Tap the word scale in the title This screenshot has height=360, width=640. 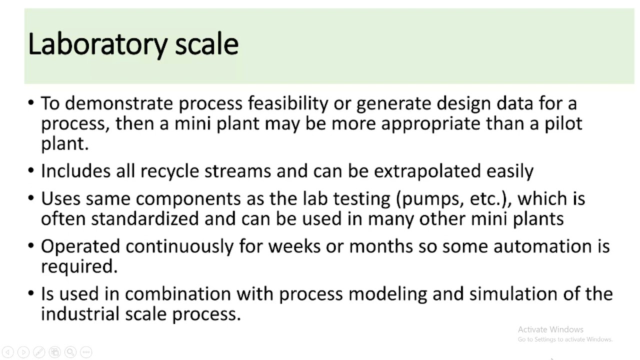(206, 44)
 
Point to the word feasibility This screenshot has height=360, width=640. (287, 103)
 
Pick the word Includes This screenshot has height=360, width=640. (75, 171)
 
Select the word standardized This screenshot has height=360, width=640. (144, 218)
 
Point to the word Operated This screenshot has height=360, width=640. (80, 246)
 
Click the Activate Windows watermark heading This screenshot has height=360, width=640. (550, 329)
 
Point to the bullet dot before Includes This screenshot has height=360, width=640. (31, 171)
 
